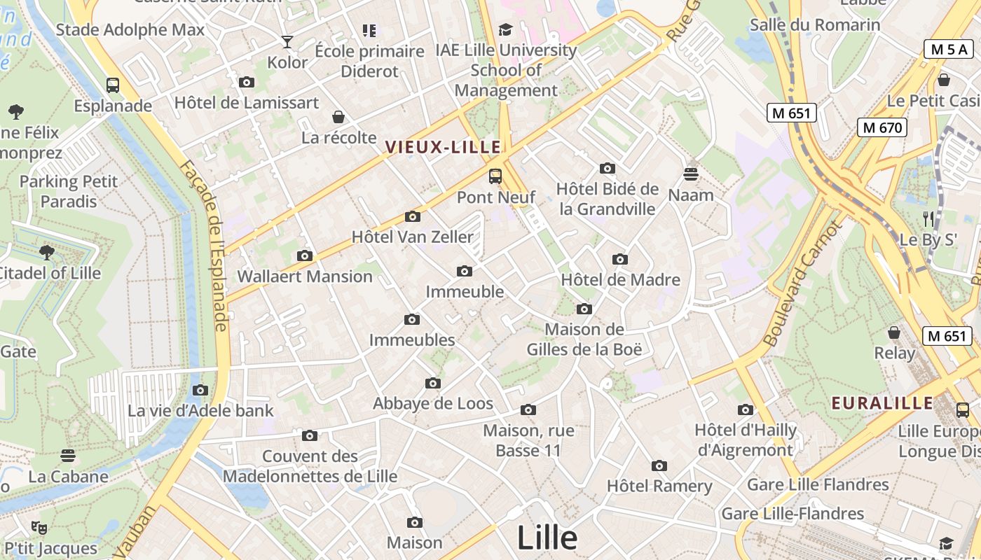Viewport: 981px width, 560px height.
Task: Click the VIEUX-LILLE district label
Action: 443,147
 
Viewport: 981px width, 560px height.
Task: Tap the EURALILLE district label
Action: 882,403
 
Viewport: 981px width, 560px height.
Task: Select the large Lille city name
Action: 547,538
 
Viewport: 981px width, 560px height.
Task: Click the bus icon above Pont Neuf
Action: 495,176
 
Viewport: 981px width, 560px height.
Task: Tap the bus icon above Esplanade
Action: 112,85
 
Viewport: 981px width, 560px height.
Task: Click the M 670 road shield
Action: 882,127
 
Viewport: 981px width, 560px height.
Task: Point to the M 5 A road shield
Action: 949,49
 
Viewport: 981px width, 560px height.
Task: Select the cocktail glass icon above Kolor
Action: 287,42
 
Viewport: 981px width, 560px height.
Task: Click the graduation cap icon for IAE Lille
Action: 505,29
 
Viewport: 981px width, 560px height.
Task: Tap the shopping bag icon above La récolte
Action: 338,116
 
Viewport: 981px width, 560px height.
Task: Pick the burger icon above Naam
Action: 691,174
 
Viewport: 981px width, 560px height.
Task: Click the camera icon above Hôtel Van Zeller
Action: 413,216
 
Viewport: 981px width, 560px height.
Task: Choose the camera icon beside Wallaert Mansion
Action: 304,255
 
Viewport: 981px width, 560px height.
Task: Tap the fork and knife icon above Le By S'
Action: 928,218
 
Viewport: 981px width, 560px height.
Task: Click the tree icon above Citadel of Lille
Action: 47,252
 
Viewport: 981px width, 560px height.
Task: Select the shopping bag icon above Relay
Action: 894,332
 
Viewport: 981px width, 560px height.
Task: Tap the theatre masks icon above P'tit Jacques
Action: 39,527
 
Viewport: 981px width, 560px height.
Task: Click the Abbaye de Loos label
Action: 433,403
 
